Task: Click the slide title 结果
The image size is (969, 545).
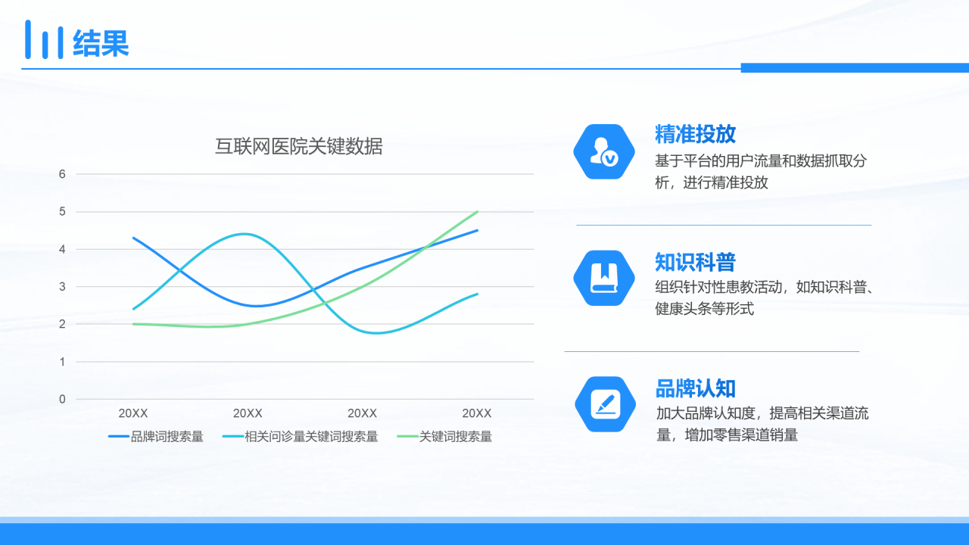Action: pyautogui.click(x=101, y=43)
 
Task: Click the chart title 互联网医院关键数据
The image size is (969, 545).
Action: pyautogui.click(x=299, y=146)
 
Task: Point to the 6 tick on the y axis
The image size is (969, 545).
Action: pyautogui.click(x=62, y=174)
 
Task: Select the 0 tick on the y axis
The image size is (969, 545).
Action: pyautogui.click(x=62, y=399)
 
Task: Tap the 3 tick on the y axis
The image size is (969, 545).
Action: pyautogui.click(x=62, y=286)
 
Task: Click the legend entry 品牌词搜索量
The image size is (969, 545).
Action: pyautogui.click(x=156, y=437)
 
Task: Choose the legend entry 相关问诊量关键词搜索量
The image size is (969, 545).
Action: pyautogui.click(x=301, y=437)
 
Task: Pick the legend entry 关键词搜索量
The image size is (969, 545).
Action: pyautogui.click(x=444, y=437)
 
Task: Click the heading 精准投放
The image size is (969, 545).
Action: pyautogui.click(x=695, y=134)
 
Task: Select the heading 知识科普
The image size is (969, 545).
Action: pyautogui.click(x=695, y=262)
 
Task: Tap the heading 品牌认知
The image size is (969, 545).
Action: pyautogui.click(x=695, y=388)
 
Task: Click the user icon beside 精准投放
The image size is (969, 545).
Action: pyautogui.click(x=604, y=152)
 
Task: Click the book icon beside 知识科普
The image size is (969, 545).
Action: pyautogui.click(x=604, y=278)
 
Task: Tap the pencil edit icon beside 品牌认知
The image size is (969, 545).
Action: pyautogui.click(x=605, y=404)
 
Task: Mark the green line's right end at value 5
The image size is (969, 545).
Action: pyautogui.click(x=477, y=211)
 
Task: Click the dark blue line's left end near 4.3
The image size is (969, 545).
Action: pyautogui.click(x=134, y=238)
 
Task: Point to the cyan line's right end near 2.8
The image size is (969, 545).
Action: pyautogui.click(x=477, y=294)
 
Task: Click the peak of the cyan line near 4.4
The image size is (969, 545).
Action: pyautogui.click(x=245, y=234)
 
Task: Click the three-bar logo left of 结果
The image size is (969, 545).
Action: pyautogui.click(x=44, y=39)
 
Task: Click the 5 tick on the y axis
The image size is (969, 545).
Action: pyautogui.click(x=62, y=211)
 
